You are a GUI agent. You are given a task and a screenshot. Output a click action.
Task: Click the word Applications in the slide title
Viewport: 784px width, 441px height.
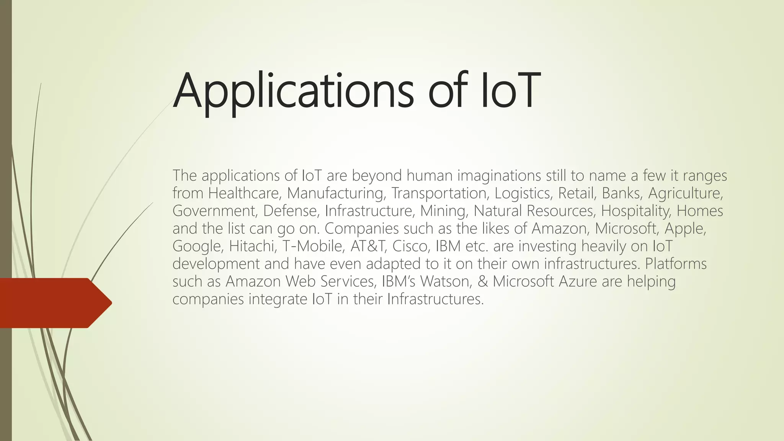tap(293, 91)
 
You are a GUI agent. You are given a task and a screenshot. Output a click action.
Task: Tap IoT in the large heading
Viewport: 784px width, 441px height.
tap(510, 91)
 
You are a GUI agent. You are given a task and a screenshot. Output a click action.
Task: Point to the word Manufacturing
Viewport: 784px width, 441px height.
tap(336, 193)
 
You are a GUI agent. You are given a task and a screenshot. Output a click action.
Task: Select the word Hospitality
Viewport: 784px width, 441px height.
tap(636, 211)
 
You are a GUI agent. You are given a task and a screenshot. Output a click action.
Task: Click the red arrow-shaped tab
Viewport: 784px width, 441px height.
tap(54, 303)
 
